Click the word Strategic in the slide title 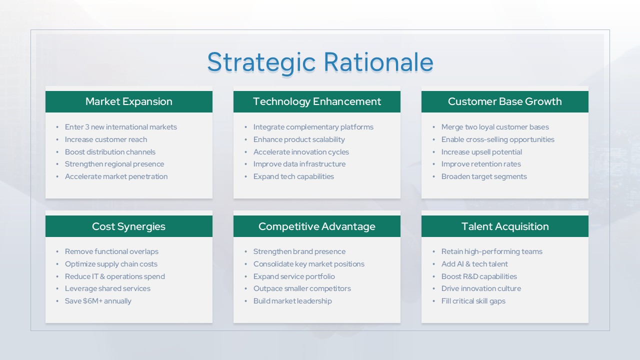261,63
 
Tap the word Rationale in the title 378,62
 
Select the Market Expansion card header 129,101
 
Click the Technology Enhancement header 317,101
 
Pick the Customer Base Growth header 505,101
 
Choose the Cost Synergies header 129,226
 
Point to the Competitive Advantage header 317,226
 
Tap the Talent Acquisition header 505,226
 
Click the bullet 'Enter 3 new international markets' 121,127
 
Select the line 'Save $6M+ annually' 98,301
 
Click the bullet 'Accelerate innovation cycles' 301,152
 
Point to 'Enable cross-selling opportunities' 497,139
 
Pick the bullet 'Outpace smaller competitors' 302,288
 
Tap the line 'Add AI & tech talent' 474,264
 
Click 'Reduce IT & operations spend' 115,276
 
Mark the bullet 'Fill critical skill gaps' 473,301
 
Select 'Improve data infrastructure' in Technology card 299,164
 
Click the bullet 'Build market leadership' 292,301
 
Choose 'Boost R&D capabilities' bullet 479,276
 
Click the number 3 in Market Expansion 87,127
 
